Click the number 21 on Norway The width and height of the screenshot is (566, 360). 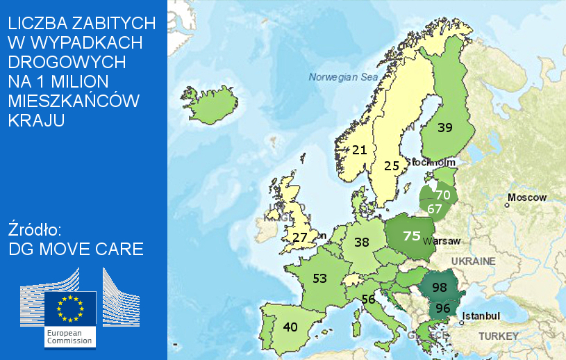[x=359, y=149]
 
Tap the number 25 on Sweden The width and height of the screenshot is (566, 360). [x=392, y=165]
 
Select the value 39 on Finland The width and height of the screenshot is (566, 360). [x=445, y=127]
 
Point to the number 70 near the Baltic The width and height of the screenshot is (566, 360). [x=443, y=195]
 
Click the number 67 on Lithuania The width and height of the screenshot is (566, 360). [x=435, y=208]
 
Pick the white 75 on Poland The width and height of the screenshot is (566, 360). [x=412, y=236]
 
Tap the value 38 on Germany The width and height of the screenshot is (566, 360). [x=361, y=243]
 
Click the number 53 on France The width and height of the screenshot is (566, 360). [x=319, y=279]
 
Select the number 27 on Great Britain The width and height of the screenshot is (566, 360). [x=300, y=237]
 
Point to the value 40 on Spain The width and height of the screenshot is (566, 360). [x=290, y=327]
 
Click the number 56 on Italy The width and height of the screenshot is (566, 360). [x=368, y=300]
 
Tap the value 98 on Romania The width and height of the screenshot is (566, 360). [x=439, y=287]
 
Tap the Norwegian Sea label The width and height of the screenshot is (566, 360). [x=344, y=77]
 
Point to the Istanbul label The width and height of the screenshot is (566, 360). [x=481, y=316]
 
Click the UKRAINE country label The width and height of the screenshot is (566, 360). [x=474, y=261]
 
